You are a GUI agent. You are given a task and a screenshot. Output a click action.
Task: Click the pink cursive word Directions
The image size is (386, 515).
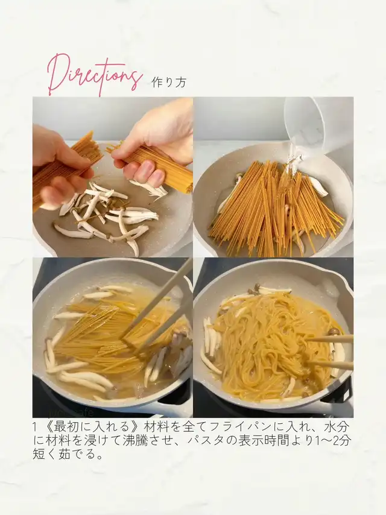(93, 74)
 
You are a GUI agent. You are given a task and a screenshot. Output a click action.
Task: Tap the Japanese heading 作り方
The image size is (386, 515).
(169, 82)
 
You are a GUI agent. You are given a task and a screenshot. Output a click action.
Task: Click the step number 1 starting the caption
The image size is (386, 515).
(35, 428)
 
